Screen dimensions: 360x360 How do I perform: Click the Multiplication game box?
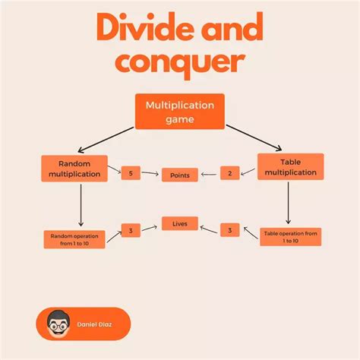(180, 112)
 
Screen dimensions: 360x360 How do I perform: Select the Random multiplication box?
(74, 169)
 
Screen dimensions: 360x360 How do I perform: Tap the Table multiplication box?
(291, 167)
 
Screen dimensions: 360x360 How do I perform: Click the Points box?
(180, 175)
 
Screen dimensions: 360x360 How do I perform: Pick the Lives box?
(180, 223)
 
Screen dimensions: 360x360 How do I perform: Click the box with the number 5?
(131, 173)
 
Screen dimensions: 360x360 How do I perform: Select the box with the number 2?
(230, 173)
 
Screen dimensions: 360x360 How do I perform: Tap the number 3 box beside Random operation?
(131, 230)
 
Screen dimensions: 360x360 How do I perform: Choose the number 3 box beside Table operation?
(230, 230)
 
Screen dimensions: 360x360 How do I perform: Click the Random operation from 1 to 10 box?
(74, 239)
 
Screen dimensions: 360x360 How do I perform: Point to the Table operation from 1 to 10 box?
(291, 237)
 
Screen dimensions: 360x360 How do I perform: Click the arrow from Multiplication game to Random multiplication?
(106, 140)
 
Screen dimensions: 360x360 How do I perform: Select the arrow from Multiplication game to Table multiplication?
(254, 137)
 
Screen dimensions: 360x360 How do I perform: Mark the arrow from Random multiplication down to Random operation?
(81, 205)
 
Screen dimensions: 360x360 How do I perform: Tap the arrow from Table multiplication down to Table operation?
(288, 203)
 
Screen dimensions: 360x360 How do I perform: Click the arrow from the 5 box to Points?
(150, 173)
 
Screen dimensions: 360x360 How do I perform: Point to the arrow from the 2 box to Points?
(209, 174)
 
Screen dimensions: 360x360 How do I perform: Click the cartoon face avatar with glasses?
(58, 324)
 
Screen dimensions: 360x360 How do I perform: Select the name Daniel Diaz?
(94, 324)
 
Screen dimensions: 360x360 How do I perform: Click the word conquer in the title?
(180, 62)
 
